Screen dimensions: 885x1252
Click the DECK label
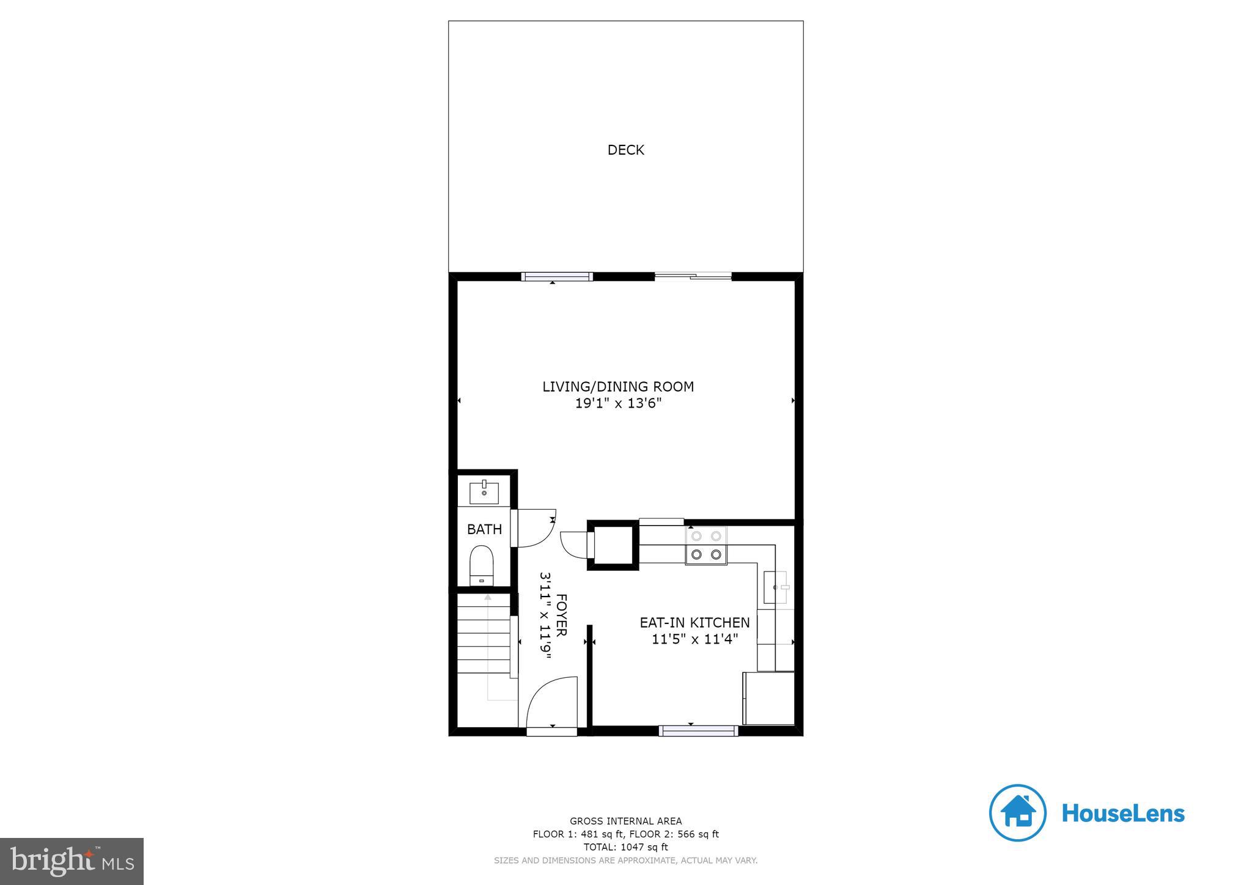(625, 150)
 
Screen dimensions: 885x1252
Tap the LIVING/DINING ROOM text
(618, 386)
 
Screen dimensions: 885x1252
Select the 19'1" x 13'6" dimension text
(618, 403)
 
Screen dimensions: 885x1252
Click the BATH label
(484, 529)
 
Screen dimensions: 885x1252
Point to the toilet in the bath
(482, 565)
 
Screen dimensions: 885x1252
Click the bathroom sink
(484, 492)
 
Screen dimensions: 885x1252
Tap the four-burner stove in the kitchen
(705, 545)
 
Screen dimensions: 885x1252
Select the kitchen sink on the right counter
(775, 587)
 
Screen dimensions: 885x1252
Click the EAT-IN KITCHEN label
(694, 622)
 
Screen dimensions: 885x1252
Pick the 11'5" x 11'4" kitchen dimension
(694, 639)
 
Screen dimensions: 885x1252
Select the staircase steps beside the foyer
(484, 639)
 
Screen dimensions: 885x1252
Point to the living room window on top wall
(557, 277)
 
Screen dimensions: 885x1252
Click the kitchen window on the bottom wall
(698, 730)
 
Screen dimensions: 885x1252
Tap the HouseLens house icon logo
(1017, 813)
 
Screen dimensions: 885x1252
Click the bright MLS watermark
(72, 861)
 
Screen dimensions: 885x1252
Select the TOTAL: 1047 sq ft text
(625, 847)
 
